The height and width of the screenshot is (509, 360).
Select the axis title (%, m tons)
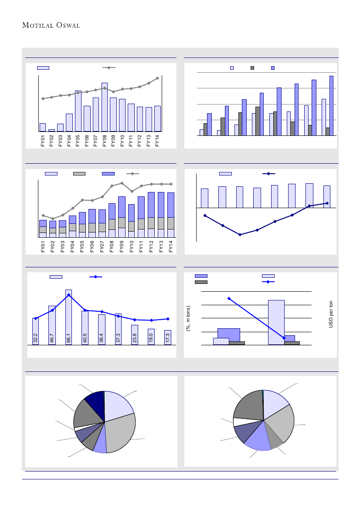click(189, 319)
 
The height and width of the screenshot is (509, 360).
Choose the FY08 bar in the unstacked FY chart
click(105, 107)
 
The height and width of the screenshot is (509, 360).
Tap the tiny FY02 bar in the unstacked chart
click(51, 130)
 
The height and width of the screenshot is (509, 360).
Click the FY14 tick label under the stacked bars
click(171, 246)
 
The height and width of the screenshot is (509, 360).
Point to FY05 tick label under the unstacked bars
click(78, 141)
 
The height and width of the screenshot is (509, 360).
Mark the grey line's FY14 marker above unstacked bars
click(157, 78)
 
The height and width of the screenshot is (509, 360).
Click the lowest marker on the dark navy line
click(240, 235)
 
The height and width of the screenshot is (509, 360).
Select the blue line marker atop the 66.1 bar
click(69, 295)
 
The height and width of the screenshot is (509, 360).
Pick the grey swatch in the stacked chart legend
click(79, 174)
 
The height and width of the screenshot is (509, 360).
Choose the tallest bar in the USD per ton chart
click(276, 322)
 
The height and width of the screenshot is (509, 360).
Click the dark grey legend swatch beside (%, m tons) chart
click(201, 282)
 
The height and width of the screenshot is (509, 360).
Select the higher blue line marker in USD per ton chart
click(229, 298)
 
